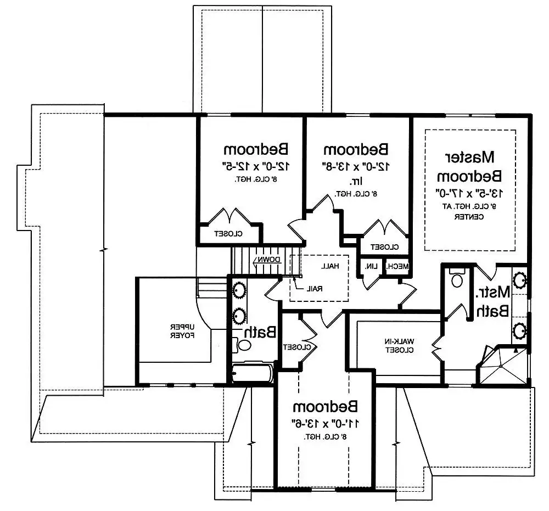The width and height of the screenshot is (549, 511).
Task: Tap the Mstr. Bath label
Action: [x=492, y=301]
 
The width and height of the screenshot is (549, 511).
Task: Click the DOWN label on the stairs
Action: [x=267, y=260]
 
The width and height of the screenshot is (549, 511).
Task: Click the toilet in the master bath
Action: [x=455, y=279]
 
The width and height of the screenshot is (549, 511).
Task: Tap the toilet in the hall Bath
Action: [x=242, y=345]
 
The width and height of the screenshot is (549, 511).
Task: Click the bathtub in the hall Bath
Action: [x=252, y=374]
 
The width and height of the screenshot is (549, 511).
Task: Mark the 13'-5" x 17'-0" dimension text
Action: [x=469, y=193]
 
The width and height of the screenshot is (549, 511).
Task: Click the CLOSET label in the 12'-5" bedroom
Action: [x=229, y=234]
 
